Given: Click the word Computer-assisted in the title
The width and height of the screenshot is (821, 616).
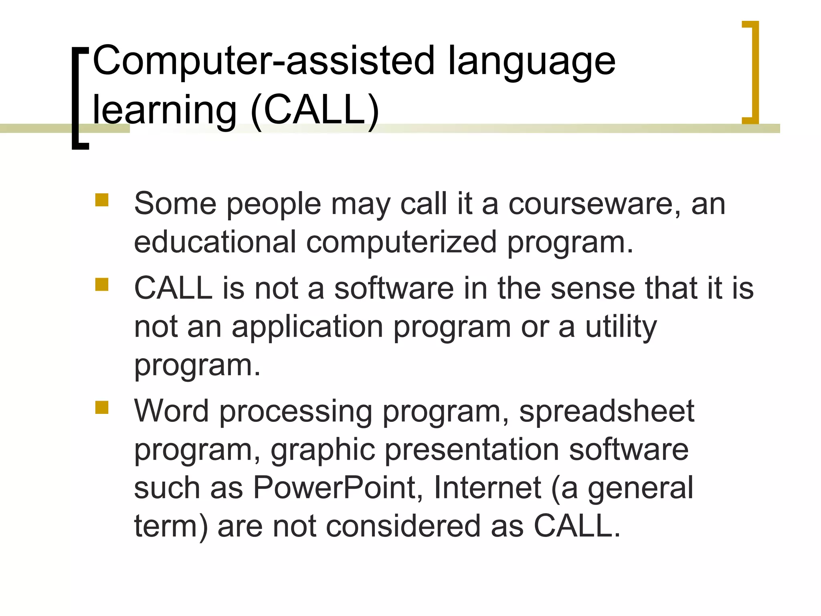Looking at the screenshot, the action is point(263,61).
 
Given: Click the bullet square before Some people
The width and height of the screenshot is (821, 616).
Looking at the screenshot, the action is point(102,200).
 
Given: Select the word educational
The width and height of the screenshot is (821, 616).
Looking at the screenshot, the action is point(215,242).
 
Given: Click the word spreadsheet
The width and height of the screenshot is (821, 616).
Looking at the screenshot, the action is point(606,411).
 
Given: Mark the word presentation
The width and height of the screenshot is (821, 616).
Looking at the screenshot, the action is point(472,450).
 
